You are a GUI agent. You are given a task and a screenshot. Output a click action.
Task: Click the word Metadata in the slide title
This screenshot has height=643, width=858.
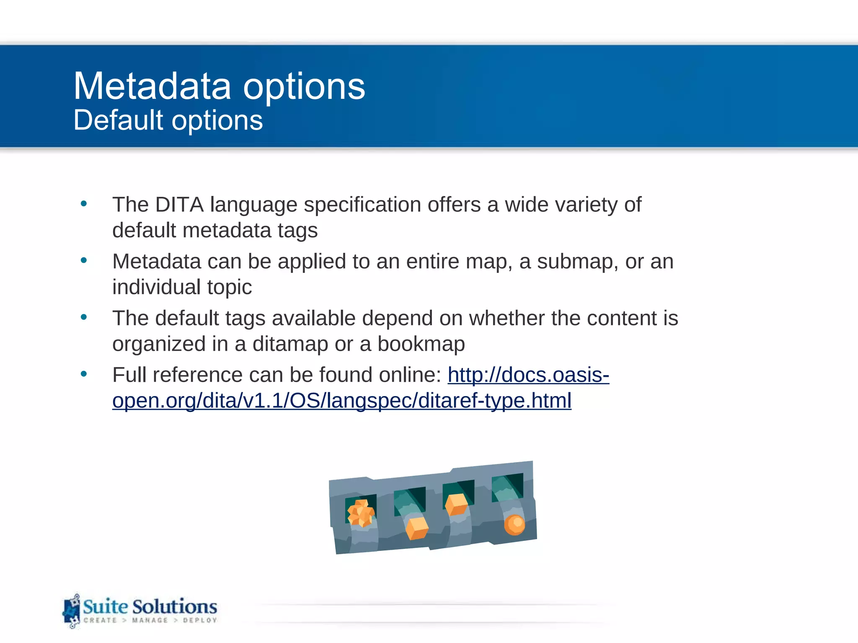(x=152, y=86)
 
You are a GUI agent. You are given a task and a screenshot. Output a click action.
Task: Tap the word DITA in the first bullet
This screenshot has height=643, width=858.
(x=179, y=205)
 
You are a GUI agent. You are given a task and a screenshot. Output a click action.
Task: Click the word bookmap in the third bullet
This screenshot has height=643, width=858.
(x=421, y=344)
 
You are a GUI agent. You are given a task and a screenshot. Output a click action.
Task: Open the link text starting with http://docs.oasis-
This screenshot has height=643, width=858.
(x=528, y=375)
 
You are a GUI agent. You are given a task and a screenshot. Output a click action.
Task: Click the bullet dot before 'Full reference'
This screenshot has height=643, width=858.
(x=84, y=373)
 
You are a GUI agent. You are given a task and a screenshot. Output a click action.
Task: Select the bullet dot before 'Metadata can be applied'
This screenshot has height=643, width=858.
(x=84, y=260)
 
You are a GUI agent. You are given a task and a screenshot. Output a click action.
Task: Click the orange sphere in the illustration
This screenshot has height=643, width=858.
(x=514, y=525)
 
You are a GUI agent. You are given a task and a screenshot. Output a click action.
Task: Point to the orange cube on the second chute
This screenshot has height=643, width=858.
(x=417, y=528)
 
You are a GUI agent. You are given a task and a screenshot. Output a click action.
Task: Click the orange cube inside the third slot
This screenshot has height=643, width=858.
(x=456, y=504)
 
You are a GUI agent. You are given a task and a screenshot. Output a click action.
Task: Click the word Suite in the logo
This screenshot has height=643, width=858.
(x=105, y=607)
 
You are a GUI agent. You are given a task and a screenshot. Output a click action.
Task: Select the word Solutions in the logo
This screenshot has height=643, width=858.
(x=175, y=607)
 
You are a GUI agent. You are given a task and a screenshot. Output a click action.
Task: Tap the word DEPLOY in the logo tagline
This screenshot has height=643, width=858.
(x=200, y=620)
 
